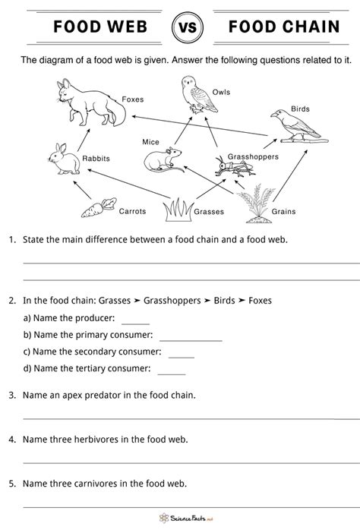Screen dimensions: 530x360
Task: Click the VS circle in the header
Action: [180, 28]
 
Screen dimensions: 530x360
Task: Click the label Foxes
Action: [133, 99]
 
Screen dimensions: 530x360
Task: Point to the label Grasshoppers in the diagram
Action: [254, 156]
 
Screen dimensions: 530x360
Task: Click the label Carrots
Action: [132, 211]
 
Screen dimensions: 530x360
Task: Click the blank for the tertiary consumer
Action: [171, 371]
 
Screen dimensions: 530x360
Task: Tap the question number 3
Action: [12, 395]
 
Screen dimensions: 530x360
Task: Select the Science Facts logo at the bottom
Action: [179, 517]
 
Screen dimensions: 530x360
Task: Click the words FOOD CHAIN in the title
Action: [281, 28]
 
